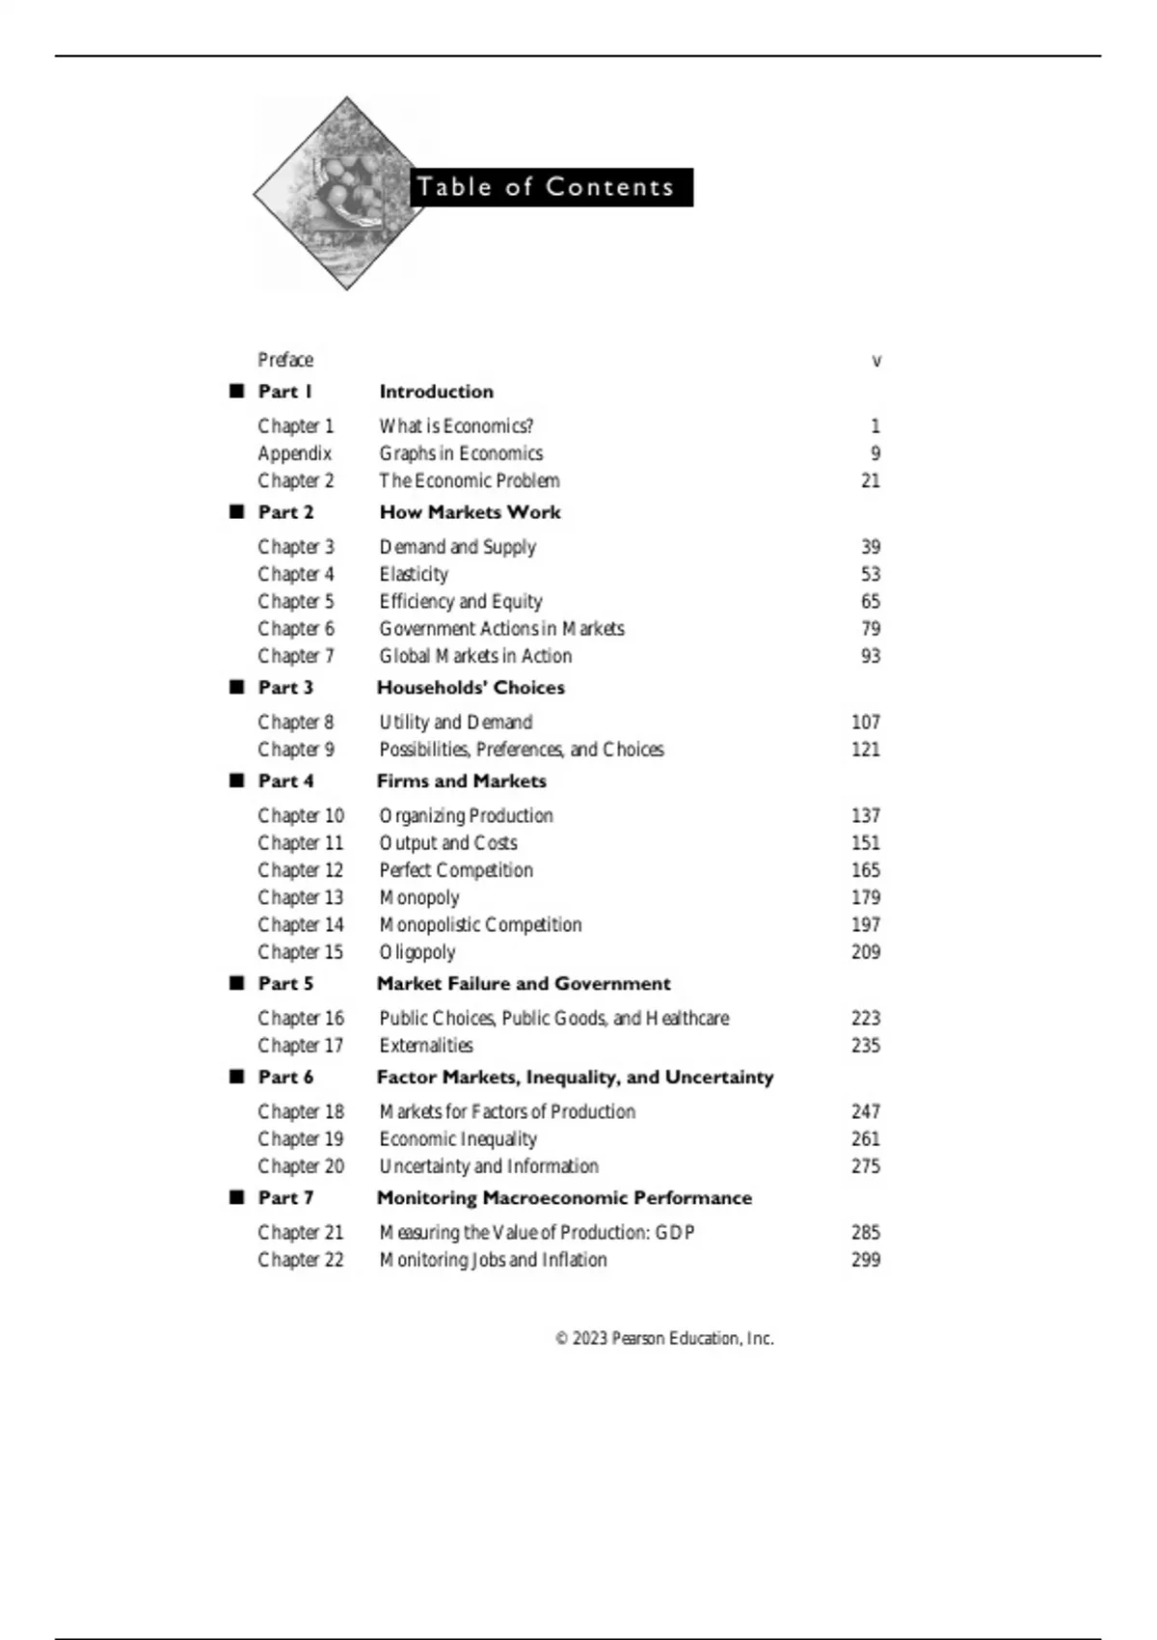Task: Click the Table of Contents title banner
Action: point(551,187)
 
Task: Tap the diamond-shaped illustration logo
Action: point(345,193)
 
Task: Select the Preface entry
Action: point(285,360)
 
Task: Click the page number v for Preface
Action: point(875,361)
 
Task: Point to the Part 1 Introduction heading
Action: point(436,392)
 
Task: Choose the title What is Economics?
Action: point(456,425)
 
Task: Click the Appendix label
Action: point(294,453)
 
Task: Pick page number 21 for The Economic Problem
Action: point(870,480)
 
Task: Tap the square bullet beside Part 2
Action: point(237,511)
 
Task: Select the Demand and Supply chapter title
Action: point(457,547)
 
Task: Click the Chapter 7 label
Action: point(295,656)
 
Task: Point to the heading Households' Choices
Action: point(471,688)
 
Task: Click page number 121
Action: point(865,750)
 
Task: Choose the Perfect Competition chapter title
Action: point(456,870)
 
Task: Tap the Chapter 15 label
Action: point(300,952)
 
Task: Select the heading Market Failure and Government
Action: point(524,984)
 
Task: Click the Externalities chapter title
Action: point(426,1046)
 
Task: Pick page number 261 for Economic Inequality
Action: point(865,1139)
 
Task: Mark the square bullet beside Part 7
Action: point(237,1197)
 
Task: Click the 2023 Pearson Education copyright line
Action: point(664,1339)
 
